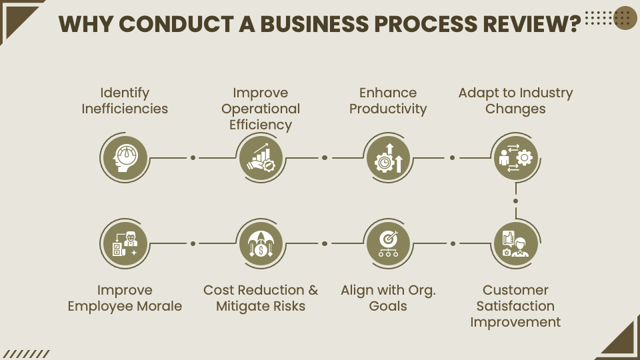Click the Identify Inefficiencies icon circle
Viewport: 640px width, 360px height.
click(x=125, y=158)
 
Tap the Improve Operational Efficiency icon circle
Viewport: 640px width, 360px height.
click(x=261, y=158)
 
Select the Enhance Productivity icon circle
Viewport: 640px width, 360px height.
click(x=388, y=158)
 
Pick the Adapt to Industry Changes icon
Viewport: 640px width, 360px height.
click(x=515, y=158)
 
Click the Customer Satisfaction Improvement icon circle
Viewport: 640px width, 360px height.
click(x=515, y=243)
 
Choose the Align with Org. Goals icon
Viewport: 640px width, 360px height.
click(x=388, y=243)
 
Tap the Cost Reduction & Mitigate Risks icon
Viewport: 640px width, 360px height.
click(x=261, y=243)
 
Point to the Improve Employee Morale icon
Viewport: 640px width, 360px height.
click(x=125, y=243)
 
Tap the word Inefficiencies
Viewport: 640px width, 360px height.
click(x=125, y=109)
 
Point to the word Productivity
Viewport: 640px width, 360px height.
click(x=388, y=109)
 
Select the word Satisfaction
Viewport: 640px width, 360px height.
click(x=515, y=306)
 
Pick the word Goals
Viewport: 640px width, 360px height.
click(x=388, y=306)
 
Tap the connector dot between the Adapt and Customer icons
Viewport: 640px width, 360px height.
click(x=515, y=201)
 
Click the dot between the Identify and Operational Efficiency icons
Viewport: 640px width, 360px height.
click(x=193, y=158)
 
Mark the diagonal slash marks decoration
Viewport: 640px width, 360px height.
click(x=27, y=354)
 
